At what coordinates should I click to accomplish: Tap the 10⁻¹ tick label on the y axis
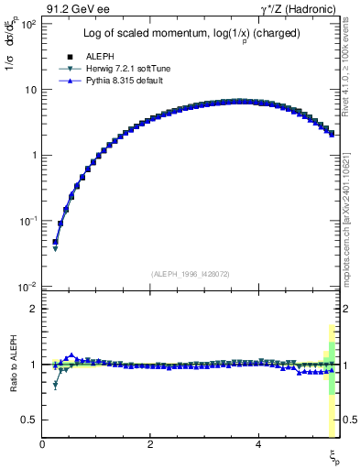(x=27, y=221)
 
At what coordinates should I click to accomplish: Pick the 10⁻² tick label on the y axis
(x=27, y=287)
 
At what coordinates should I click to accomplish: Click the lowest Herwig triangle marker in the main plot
(x=55, y=248)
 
